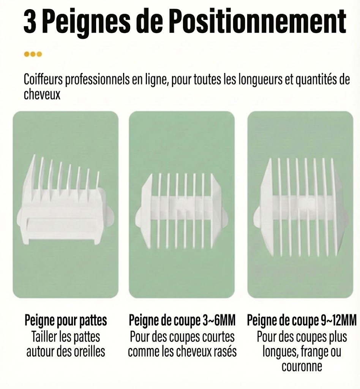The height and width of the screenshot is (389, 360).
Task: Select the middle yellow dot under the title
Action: [33, 54]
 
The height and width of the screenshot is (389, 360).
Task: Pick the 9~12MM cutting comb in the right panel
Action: [300, 201]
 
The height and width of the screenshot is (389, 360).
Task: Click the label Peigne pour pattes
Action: [65, 321]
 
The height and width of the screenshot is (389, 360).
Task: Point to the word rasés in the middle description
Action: [224, 351]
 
